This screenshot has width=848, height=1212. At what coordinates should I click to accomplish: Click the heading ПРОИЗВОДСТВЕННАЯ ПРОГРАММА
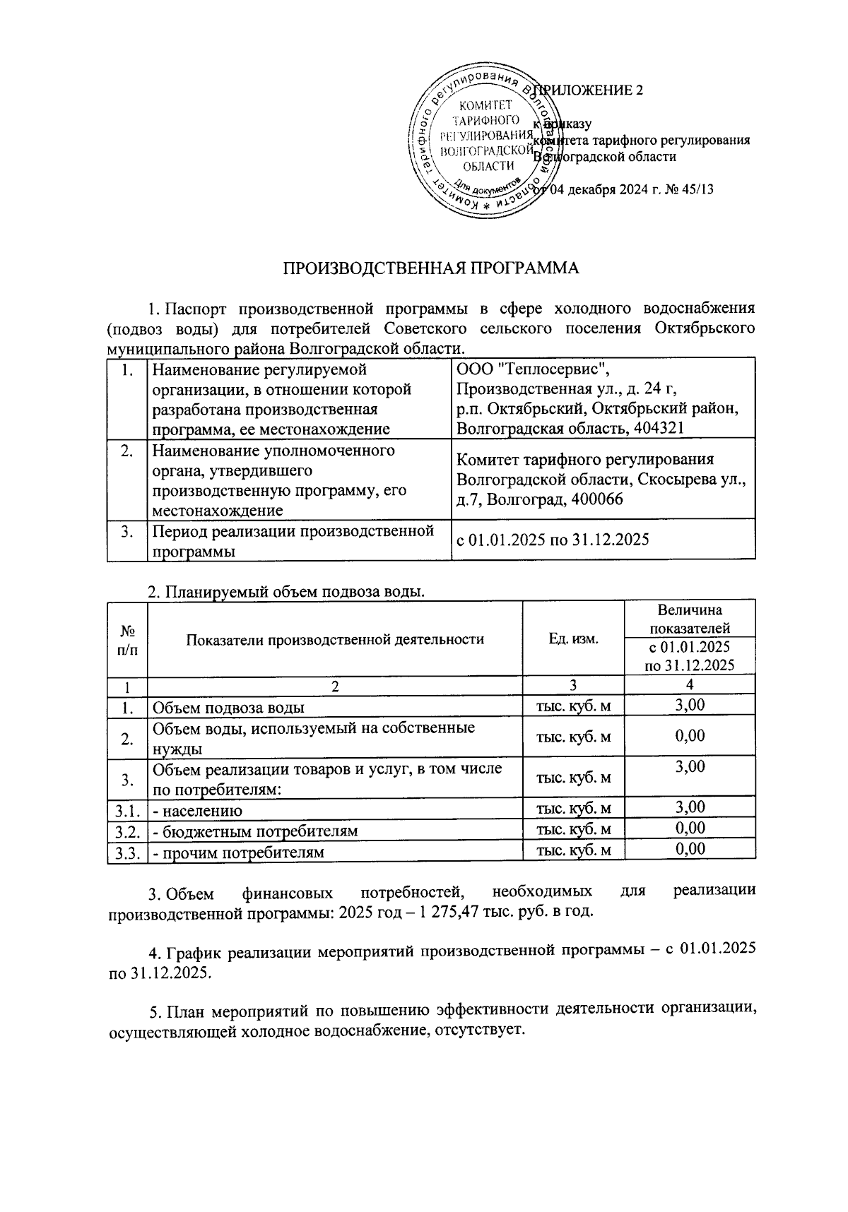(430, 268)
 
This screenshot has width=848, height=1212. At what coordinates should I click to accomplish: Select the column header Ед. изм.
(573, 638)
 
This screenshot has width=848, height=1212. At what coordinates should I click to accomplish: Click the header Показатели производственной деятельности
(335, 639)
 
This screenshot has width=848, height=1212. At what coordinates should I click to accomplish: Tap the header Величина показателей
(690, 619)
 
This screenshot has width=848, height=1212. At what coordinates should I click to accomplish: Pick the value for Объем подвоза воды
(690, 705)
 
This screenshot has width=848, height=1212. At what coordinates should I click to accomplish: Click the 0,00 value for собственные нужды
(690, 735)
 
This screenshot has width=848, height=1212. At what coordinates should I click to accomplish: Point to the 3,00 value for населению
(690, 807)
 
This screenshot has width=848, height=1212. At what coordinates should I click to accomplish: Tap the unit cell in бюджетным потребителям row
(573, 829)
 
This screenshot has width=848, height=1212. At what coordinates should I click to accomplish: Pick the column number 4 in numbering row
(690, 684)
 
